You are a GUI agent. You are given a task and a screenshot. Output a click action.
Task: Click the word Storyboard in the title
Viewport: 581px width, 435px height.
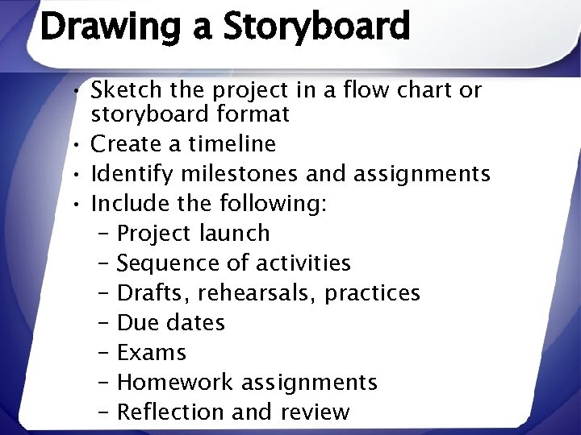coord(316,27)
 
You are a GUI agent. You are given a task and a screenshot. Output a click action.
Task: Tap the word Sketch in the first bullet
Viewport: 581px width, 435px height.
coord(127,89)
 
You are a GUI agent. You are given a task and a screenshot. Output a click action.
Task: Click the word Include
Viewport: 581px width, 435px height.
coord(128,204)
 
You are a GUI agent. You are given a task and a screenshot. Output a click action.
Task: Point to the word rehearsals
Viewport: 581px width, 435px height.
coord(262,293)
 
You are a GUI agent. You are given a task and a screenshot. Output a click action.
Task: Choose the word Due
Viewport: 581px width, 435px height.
coord(136,323)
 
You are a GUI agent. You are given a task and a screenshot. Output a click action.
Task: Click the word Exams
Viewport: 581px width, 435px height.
coord(152,353)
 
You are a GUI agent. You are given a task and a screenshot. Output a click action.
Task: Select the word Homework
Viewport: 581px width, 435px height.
coord(175,382)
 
